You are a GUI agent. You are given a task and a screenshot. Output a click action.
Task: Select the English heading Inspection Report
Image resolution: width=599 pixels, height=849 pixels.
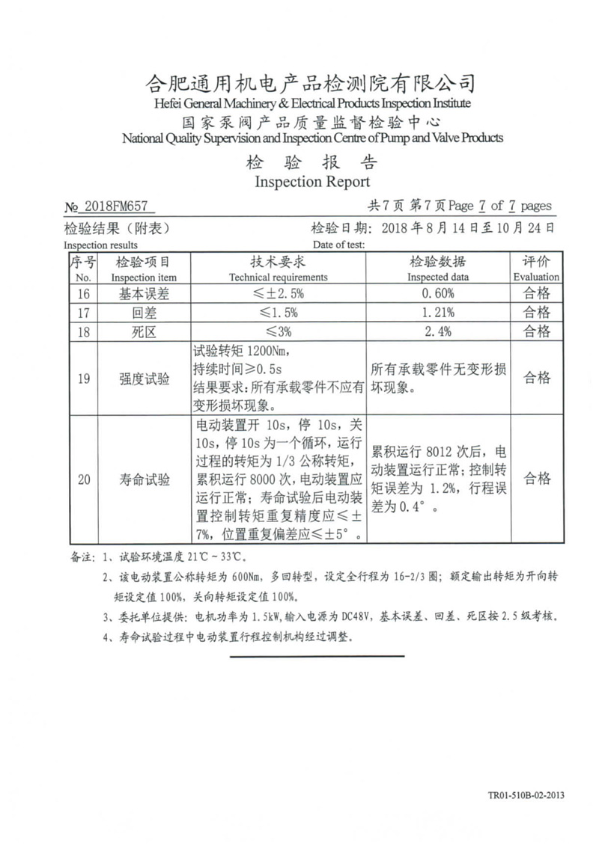click(312, 182)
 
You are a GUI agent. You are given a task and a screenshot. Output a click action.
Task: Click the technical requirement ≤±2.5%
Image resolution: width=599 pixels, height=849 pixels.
click(277, 293)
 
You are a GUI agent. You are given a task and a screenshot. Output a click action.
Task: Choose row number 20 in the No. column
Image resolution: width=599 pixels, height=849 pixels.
click(83, 479)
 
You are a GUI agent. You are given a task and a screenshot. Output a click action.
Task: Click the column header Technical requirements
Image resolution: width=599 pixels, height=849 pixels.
click(278, 277)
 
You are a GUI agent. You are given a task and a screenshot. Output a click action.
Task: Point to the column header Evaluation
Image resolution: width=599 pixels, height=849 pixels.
click(536, 277)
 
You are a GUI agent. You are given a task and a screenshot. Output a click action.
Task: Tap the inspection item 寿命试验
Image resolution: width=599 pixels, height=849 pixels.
click(144, 479)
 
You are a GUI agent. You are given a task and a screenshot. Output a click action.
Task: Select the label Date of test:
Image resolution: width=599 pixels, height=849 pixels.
click(338, 245)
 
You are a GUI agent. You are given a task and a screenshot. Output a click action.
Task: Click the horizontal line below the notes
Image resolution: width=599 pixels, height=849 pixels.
click(317, 656)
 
